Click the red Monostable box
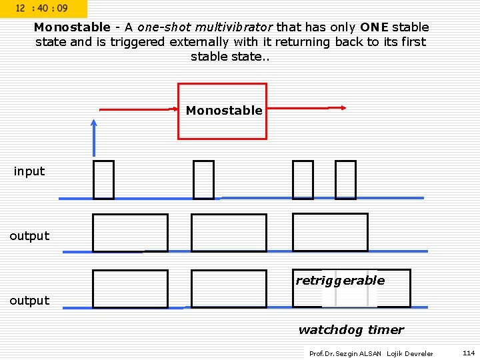coord(222,111)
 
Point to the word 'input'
coord(29,171)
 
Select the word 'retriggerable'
coord(340,281)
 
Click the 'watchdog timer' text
coord(351,330)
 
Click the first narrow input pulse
coord(103,180)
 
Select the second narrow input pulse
coord(203,180)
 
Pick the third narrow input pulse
coord(303,180)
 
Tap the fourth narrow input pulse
coord(345,180)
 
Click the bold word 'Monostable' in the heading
coord(72,27)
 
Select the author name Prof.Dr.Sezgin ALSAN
coord(345,353)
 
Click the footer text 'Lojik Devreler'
coord(409,353)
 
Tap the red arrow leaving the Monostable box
coord(307,107)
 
